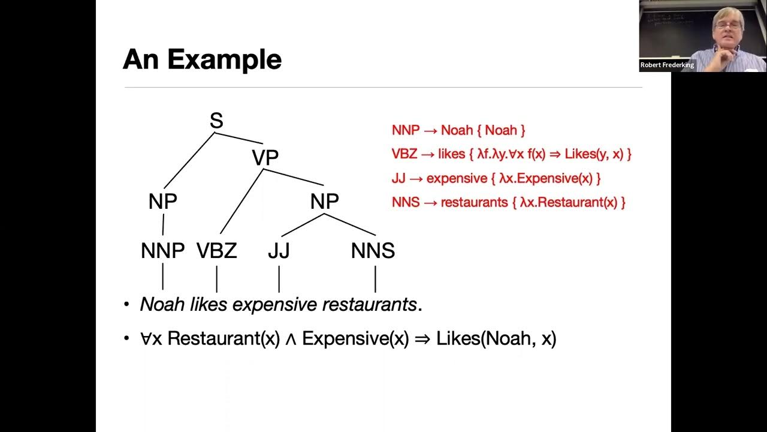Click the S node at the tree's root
[216, 121]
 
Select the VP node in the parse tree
[265, 158]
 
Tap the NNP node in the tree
[162, 251]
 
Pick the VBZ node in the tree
[217, 251]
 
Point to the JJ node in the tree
[279, 251]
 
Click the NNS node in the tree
[373, 251]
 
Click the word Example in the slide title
[224, 60]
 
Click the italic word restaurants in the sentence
[369, 305]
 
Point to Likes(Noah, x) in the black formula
[496, 338]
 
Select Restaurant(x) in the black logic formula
[224, 338]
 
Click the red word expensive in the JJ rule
[457, 178]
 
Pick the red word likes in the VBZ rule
[451, 154]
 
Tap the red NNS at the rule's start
[406, 202]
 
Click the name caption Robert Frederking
[667, 65]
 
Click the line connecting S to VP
[240, 138]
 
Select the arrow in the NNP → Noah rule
[430, 130]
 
